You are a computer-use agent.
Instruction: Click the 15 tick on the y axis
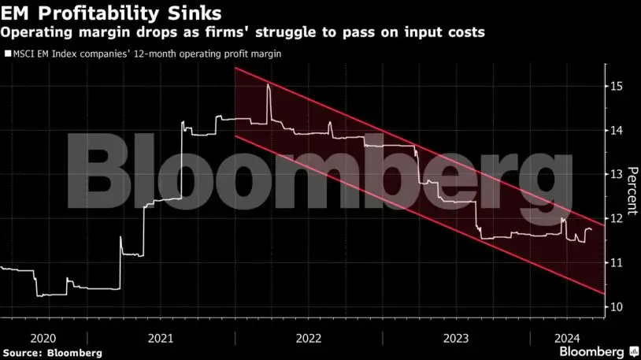click(x=617, y=86)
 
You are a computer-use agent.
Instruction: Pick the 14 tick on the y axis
click(x=617, y=130)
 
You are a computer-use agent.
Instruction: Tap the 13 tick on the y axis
click(x=617, y=174)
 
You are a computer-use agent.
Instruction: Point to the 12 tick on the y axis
click(x=617, y=218)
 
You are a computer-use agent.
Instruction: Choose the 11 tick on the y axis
click(x=617, y=262)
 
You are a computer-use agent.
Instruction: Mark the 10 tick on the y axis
click(x=617, y=306)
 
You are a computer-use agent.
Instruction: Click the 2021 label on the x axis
click(x=161, y=338)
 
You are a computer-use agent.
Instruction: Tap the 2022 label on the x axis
click(x=309, y=338)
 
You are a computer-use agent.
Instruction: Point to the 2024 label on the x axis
click(x=567, y=338)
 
